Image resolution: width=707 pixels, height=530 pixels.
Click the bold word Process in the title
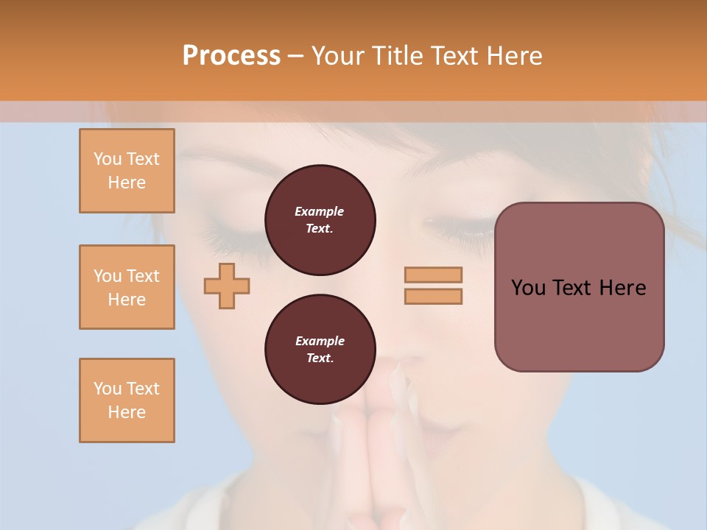tap(231, 56)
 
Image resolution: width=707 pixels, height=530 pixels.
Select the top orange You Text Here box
tap(127, 171)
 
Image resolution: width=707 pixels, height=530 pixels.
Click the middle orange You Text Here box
tap(127, 287)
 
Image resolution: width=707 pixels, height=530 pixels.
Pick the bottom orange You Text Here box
tap(127, 400)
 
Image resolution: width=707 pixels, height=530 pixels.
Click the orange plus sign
tap(227, 286)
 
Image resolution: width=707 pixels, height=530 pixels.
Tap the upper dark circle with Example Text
tap(320, 220)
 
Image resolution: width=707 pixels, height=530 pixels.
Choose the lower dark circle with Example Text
tap(320, 350)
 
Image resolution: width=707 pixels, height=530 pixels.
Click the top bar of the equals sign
tap(433, 275)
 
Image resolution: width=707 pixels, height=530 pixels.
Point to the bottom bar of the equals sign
tap(433, 296)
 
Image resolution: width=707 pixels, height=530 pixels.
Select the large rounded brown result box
tap(579, 324)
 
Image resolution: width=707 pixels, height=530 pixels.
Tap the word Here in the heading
tap(513, 56)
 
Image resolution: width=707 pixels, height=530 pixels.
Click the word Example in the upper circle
tap(320, 211)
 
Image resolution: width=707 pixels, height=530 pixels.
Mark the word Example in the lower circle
tap(320, 341)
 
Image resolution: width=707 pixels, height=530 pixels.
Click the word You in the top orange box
tap(107, 159)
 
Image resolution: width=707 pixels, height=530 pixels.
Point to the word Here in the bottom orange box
tap(127, 412)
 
